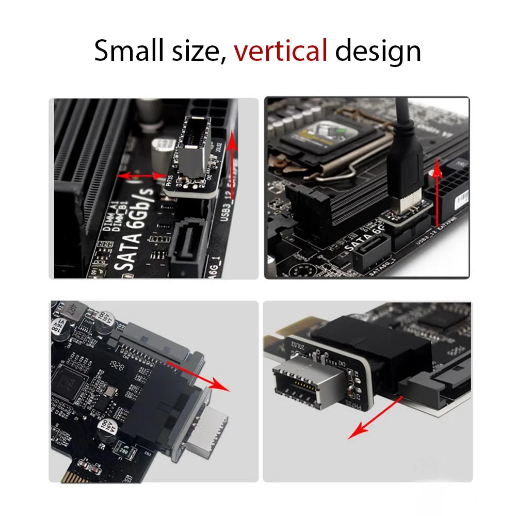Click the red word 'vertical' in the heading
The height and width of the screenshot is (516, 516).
pyautogui.click(x=281, y=51)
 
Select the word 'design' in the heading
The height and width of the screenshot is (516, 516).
pyautogui.click(x=378, y=51)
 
